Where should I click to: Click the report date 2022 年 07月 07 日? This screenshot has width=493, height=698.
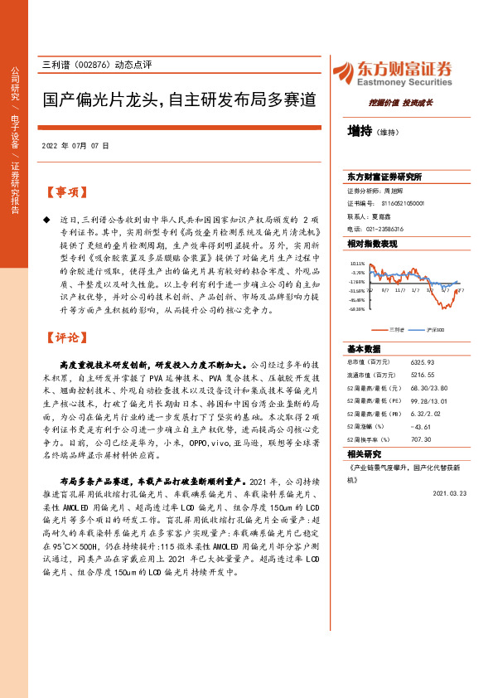pos(75,145)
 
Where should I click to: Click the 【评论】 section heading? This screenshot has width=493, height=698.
pos(65,337)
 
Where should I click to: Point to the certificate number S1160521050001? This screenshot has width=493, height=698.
pos(403,202)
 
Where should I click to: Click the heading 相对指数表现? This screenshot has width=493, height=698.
pos(372,244)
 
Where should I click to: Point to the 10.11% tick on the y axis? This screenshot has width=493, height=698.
pos(357,264)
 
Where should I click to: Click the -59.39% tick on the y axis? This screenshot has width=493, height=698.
pos(357,309)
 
